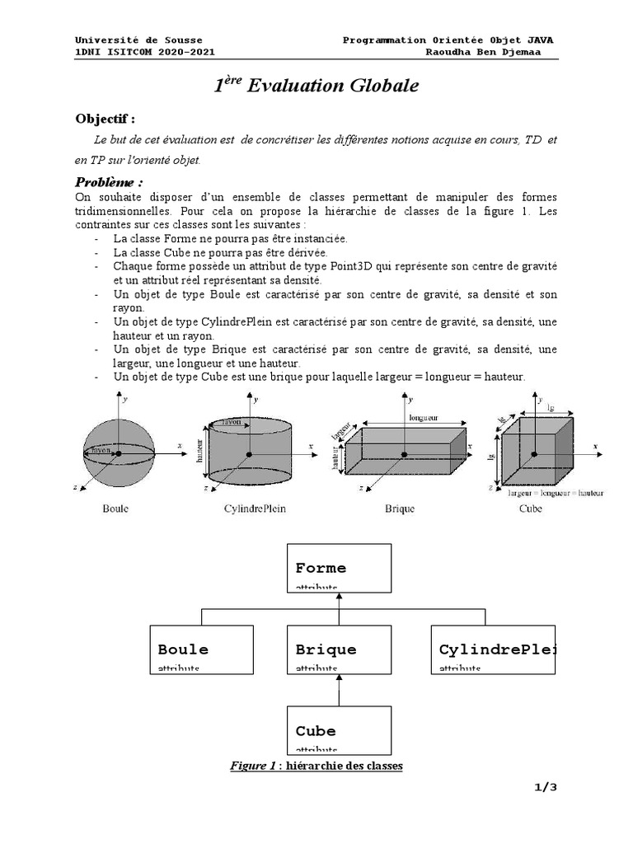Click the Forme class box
(338, 568)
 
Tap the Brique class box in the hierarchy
(338, 649)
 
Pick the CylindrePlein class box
(493, 649)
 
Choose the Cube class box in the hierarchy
(338, 729)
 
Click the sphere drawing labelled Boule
(117, 452)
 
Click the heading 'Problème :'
(109, 181)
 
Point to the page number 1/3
(545, 787)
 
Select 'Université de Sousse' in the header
(138, 40)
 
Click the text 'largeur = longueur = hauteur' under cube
(556, 493)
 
